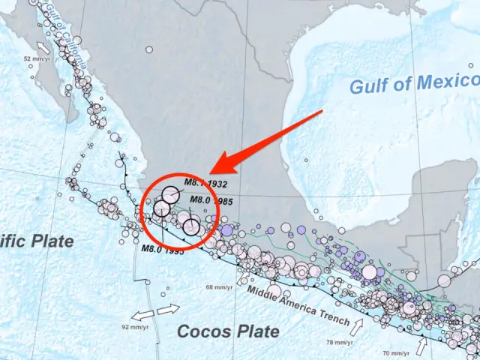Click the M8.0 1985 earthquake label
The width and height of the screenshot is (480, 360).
click(x=211, y=200)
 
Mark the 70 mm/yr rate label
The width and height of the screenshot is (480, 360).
click(x=396, y=352)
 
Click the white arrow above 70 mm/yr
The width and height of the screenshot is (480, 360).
click(x=421, y=344)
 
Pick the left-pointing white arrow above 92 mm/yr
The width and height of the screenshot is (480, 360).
click(x=139, y=314)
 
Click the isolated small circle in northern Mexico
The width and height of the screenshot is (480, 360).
click(x=149, y=49)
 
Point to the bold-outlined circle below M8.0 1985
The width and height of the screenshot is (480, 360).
click(x=192, y=226)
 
